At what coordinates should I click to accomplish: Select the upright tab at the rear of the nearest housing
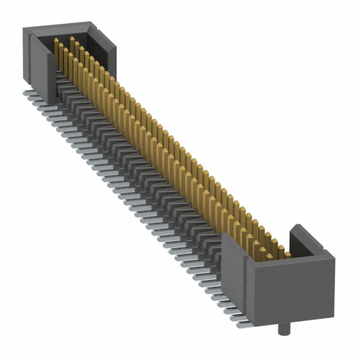(299, 236)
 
